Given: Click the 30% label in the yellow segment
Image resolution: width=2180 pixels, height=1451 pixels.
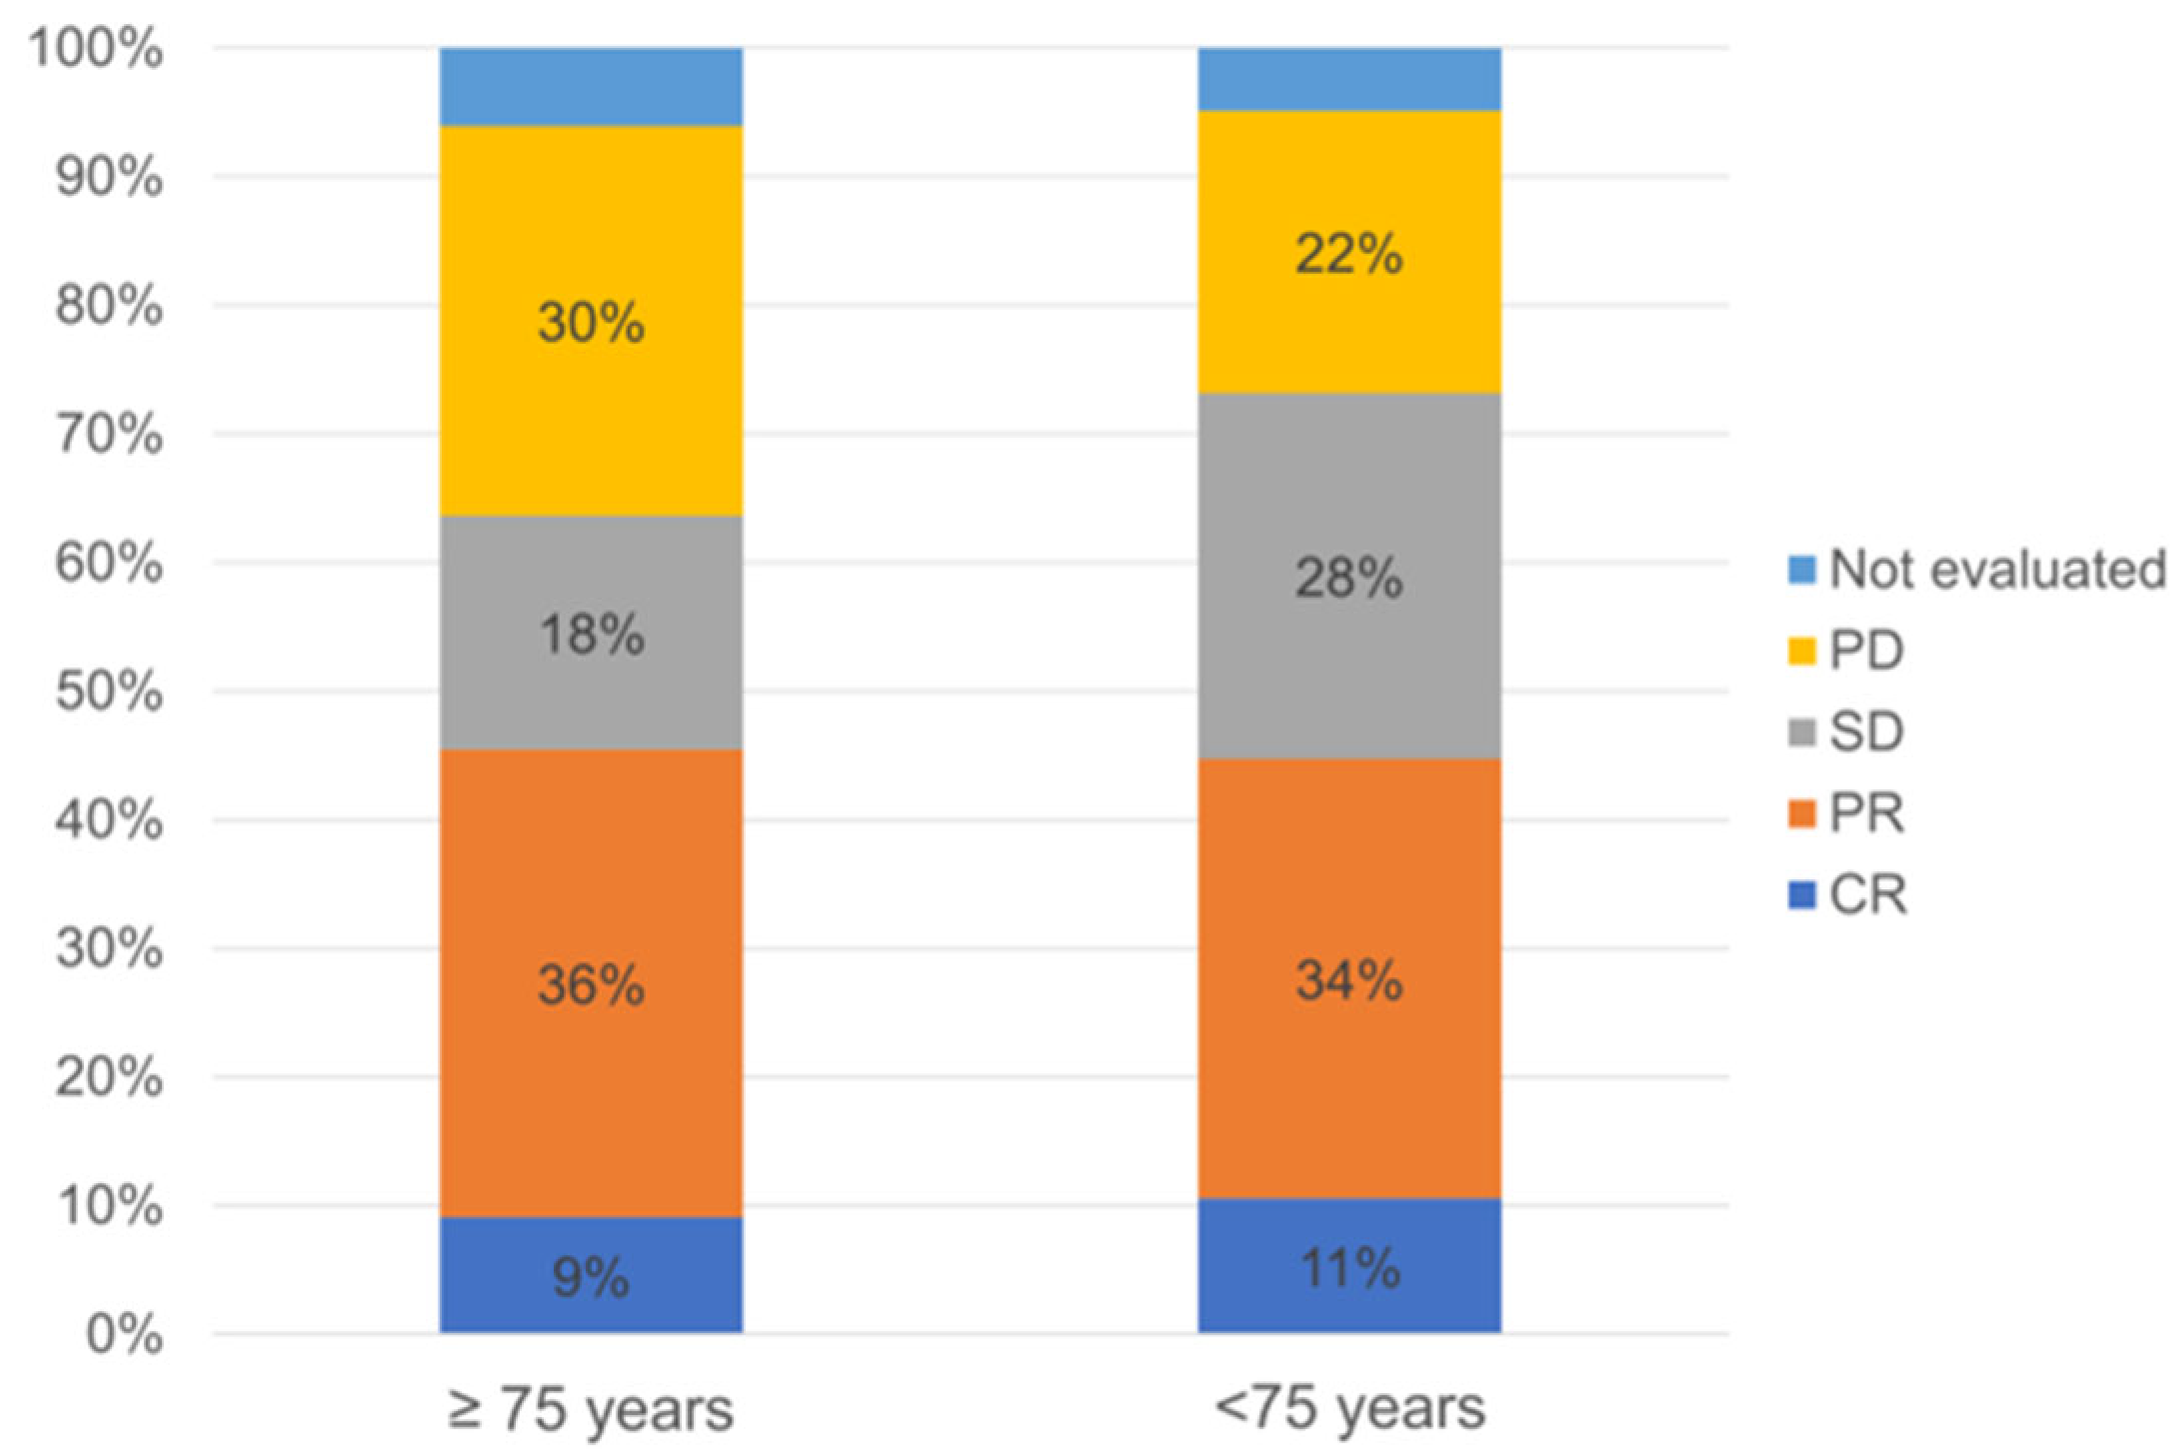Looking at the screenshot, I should pos(591,324).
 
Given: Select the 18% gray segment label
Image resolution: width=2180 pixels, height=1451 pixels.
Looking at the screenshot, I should pos(591,635).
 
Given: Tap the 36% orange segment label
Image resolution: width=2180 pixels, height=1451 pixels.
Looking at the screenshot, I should pos(591,986).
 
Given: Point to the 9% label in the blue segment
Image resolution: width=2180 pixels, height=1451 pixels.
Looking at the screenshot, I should pos(591,1277).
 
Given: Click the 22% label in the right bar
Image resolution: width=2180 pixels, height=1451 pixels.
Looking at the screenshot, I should pos(1349,255).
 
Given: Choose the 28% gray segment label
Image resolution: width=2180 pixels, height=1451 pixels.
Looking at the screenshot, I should pos(1349,579).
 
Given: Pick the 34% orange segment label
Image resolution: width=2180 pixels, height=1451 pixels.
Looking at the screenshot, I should pos(1349,980).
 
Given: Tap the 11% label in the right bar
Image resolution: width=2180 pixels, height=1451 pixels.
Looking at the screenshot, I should pos(1349,1269).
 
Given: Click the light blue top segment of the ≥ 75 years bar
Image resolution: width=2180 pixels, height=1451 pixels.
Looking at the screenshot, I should pos(591,87).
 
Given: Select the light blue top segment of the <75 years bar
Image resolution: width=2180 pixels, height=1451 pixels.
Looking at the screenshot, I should pos(1349,79).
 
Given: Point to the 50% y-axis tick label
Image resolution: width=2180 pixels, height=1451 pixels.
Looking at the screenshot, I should pos(109,693).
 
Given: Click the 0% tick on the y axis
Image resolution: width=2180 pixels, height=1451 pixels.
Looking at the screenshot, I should pos(124,1335).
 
